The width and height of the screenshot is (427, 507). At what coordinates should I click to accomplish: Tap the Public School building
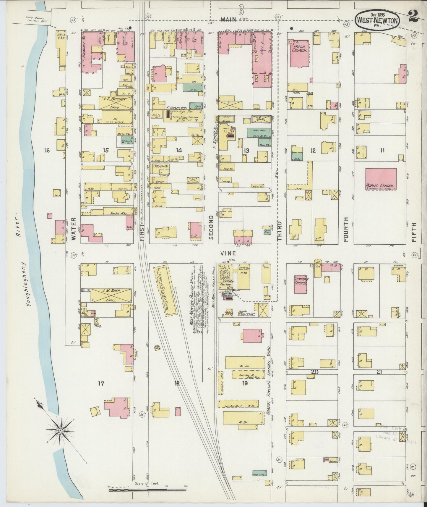(381, 179)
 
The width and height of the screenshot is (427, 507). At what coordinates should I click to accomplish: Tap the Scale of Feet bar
(148, 490)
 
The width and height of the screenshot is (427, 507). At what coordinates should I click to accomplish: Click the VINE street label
(228, 253)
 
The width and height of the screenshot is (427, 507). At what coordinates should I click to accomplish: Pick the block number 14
(178, 150)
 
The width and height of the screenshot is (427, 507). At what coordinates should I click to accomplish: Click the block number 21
(379, 372)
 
